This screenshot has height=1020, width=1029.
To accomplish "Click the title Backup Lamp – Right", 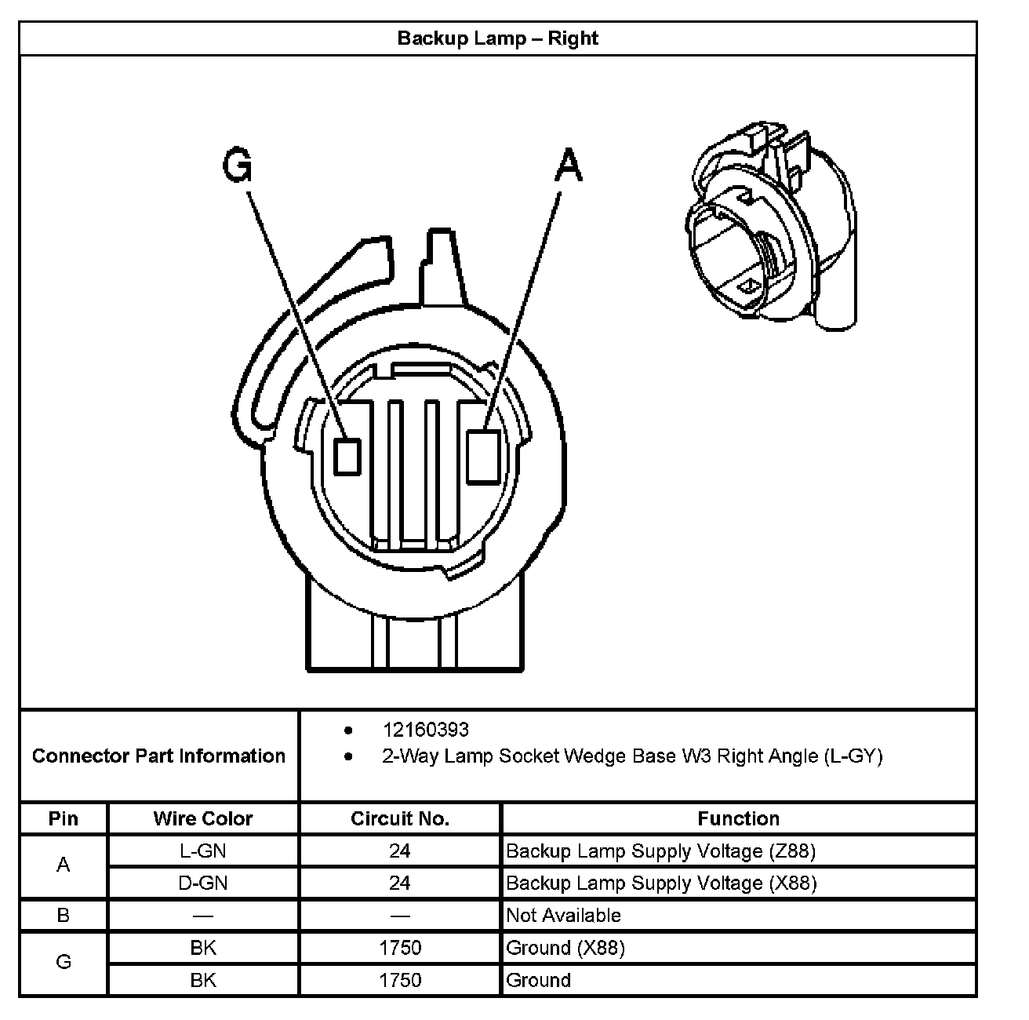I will pyautogui.click(x=497, y=38).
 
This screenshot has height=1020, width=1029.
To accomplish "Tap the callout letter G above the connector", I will pyautogui.click(x=238, y=166).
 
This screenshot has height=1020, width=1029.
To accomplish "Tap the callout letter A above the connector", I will pyautogui.click(x=569, y=166).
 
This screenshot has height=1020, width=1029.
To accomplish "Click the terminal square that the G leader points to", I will pyautogui.click(x=347, y=457).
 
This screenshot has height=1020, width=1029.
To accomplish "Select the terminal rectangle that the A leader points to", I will pyautogui.click(x=483, y=456).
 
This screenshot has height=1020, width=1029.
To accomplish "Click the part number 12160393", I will pyautogui.click(x=425, y=730).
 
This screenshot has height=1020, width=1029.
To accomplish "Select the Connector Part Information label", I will pyautogui.click(x=158, y=756).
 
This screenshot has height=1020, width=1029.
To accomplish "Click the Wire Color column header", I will pyautogui.click(x=203, y=818).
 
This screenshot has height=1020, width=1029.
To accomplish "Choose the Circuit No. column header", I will pyautogui.click(x=400, y=818).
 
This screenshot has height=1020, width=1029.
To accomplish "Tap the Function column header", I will pyautogui.click(x=738, y=818).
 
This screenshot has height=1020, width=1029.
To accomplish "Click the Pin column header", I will pyautogui.click(x=64, y=818).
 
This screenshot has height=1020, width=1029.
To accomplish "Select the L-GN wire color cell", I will pyautogui.click(x=203, y=851).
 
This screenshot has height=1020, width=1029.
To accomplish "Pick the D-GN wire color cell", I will pyautogui.click(x=203, y=883).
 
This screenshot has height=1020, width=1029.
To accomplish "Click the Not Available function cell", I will pyautogui.click(x=563, y=916).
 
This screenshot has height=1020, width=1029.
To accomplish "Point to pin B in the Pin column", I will pyautogui.click(x=64, y=916).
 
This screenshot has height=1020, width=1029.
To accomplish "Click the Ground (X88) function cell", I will pyautogui.click(x=565, y=948).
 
